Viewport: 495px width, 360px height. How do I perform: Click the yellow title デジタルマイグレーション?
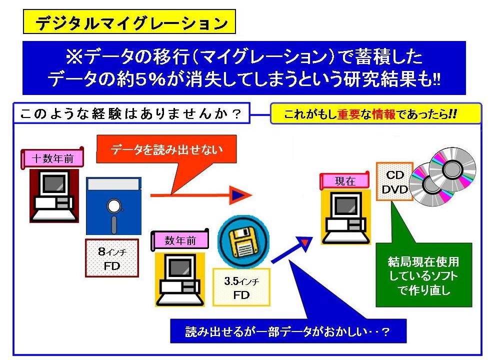pyautogui.click(x=129, y=22)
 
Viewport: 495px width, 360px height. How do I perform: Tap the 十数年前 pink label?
pyautogui.click(x=52, y=159)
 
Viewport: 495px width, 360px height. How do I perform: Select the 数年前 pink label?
pyautogui.click(x=179, y=240)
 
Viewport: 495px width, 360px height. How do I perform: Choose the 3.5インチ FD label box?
pyautogui.click(x=241, y=287)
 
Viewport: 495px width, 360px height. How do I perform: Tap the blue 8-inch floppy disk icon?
pyautogui.click(x=113, y=205)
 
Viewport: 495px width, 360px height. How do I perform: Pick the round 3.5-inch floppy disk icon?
pyautogui.click(x=243, y=240)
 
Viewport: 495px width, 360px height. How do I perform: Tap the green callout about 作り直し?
pyautogui.click(x=423, y=275)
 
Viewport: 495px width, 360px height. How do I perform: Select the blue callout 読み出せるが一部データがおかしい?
pyautogui.click(x=287, y=331)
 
